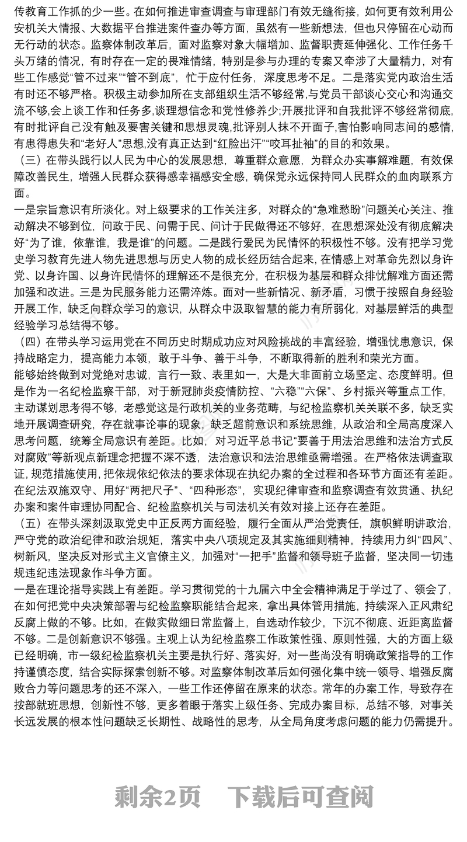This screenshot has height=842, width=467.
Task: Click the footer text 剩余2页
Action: tap(158, 796)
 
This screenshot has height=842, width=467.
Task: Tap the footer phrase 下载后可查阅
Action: tap(301, 796)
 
